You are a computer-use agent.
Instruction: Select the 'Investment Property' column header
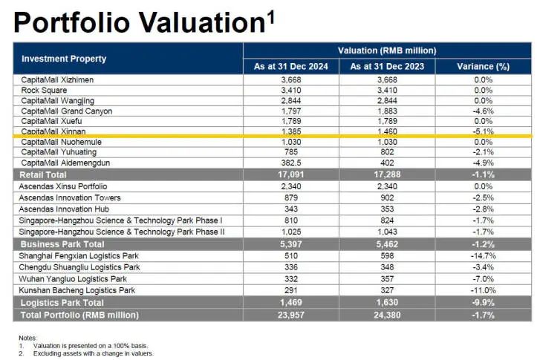point(64,59)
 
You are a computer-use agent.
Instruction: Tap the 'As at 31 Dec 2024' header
point(290,66)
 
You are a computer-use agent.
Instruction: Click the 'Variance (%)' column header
point(484,66)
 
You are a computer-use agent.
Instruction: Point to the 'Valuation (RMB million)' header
point(386,50)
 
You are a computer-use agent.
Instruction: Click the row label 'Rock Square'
point(42,90)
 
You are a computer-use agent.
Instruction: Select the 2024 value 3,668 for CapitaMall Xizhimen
point(290,79)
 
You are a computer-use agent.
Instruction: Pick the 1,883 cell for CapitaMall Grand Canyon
point(387,111)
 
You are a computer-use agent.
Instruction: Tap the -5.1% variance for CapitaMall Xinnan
point(484,131)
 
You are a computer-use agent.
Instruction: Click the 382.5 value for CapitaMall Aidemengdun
point(290,163)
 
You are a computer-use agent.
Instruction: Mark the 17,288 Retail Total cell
point(387,174)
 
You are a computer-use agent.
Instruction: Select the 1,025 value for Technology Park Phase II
point(290,232)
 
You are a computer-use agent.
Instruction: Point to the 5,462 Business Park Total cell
point(387,243)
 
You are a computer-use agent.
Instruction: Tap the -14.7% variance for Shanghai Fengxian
point(484,256)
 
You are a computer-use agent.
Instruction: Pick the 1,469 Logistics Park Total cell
point(290,303)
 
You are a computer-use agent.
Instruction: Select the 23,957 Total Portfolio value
point(290,315)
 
